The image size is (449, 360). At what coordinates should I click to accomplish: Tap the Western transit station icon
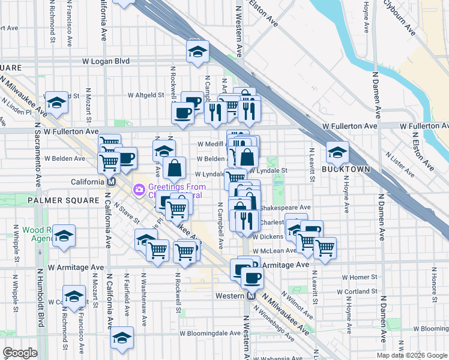click(x=252, y=295)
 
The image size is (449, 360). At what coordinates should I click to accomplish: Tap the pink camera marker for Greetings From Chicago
click(x=139, y=190)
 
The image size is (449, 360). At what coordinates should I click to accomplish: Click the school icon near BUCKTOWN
click(x=337, y=152)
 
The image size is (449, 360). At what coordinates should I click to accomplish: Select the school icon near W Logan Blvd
click(x=197, y=52)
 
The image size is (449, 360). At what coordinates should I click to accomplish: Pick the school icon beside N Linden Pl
click(x=56, y=102)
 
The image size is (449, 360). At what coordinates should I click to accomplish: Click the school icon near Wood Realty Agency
click(x=64, y=236)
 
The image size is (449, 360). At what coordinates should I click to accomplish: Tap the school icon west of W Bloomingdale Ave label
click(x=122, y=338)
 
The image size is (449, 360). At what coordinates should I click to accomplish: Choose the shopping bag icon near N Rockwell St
click(x=174, y=168)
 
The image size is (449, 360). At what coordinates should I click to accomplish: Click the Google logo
click(x=20, y=353)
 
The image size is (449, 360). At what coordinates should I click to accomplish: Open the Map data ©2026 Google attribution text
click(x=411, y=355)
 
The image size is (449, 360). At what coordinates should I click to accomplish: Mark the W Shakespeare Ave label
click(x=285, y=208)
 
